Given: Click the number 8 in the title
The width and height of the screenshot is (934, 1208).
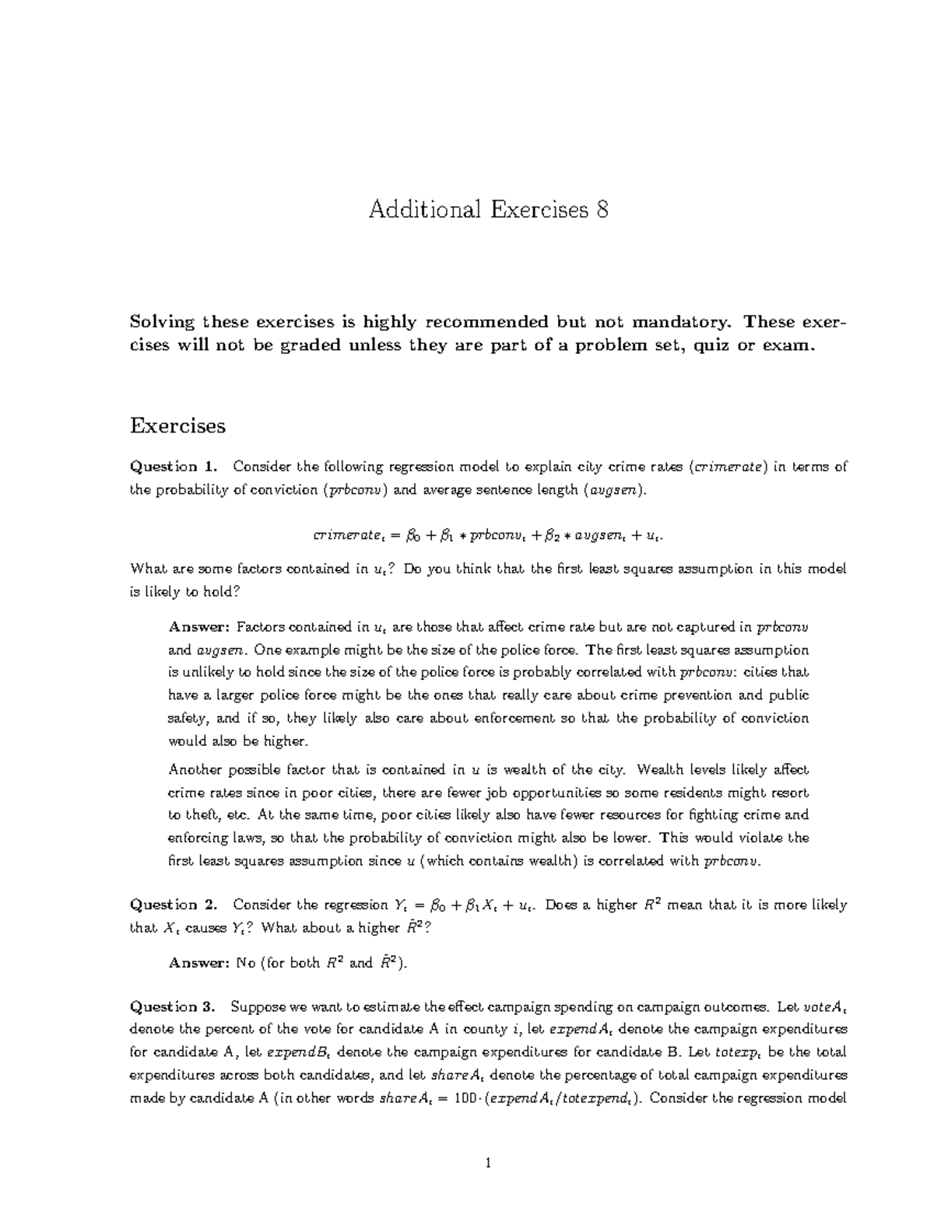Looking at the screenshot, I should point(601,210).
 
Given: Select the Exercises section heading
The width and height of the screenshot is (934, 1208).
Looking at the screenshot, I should point(177,425).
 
